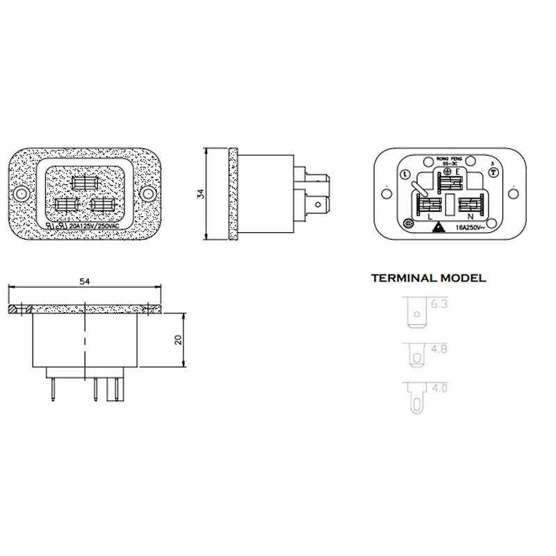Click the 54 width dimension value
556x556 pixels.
85,281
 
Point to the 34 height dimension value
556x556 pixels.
201,194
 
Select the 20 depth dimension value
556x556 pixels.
178,340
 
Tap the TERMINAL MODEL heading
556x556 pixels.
429,279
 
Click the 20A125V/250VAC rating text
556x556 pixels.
93,227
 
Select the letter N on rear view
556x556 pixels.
471,217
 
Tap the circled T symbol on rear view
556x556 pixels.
493,173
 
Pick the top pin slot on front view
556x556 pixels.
86,183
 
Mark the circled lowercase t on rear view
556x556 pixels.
405,173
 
